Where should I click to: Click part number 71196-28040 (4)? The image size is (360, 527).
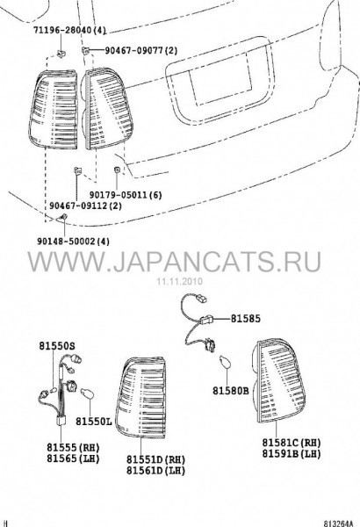pos(69,31)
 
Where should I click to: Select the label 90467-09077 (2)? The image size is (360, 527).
pos(140,51)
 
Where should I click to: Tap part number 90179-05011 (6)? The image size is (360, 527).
pos(126,195)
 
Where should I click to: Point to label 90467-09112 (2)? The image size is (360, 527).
pos(86,206)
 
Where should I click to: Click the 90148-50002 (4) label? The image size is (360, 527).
pos(73,242)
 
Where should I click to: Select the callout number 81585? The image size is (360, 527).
pos(245,318)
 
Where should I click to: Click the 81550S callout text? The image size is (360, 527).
pos(57,345)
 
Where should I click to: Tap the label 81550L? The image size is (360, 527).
pos(93,421)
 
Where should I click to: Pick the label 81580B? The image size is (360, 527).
pos(231,391)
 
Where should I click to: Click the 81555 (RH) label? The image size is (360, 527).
pos(73,447)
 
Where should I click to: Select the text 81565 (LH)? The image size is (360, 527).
pos(73,458)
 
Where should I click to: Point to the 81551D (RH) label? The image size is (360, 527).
pos(156,459)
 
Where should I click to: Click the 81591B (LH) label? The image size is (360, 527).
pos(292,453)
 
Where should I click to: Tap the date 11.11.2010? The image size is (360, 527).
pos(180,281)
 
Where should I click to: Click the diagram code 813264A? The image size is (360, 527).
pos(339,523)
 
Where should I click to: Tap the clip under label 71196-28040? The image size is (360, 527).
pos(61,53)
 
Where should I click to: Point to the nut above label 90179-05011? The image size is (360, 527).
pos(117,169)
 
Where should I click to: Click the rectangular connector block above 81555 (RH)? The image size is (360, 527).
pos(61,421)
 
